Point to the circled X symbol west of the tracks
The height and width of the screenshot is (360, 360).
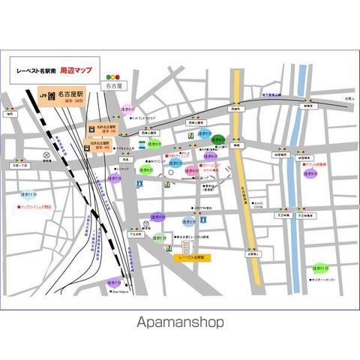46,157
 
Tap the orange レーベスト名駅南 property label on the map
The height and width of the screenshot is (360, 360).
192,256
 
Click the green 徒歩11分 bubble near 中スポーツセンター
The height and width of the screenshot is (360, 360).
321,267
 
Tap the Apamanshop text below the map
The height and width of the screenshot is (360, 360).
180,323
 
